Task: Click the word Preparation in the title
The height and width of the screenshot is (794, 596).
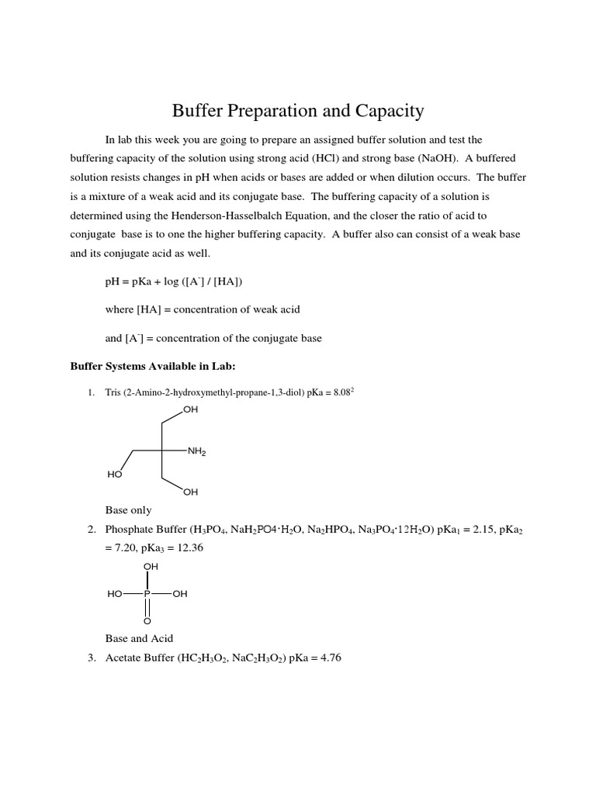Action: pos(270,111)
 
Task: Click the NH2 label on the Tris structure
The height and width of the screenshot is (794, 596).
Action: pos(196,451)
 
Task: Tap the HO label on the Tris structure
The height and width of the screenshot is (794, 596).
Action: pos(115,474)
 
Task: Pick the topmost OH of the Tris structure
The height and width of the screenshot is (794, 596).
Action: pos(191,409)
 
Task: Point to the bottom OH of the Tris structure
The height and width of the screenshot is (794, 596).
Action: pos(191,492)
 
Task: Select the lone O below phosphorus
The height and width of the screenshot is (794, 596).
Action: pos(147,621)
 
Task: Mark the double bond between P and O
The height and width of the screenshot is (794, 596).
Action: pos(147,608)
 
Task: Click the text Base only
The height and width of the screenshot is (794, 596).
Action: pos(129,510)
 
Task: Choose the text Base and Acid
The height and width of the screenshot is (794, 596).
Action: pos(140,638)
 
